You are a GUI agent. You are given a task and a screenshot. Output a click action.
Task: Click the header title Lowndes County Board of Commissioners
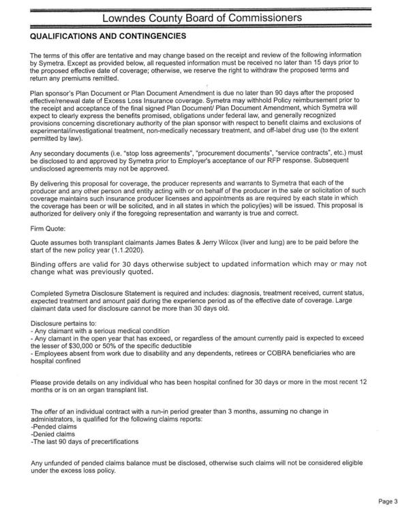[x=204, y=16]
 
